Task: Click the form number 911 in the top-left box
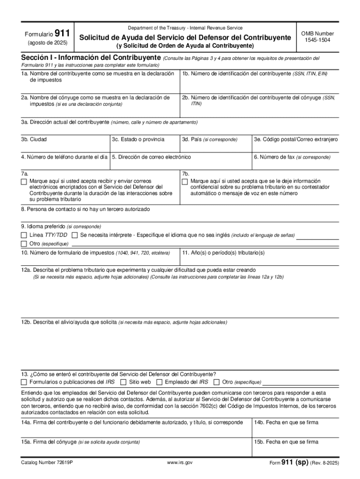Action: [x=62, y=34]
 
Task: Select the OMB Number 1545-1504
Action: [x=317, y=37]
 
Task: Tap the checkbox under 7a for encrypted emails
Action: [x=24, y=181]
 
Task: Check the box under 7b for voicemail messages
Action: [x=185, y=181]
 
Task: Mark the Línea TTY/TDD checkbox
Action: [x=24, y=235]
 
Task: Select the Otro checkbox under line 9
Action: [x=24, y=244]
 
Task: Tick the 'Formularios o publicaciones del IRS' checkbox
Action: [x=24, y=382]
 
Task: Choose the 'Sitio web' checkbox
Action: [x=123, y=382]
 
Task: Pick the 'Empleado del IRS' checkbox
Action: [x=160, y=382]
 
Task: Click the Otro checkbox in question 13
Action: [x=216, y=382]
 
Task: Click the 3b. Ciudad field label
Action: [x=34, y=139]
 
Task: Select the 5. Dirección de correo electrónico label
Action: [x=151, y=157]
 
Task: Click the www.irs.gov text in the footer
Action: [x=180, y=463]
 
